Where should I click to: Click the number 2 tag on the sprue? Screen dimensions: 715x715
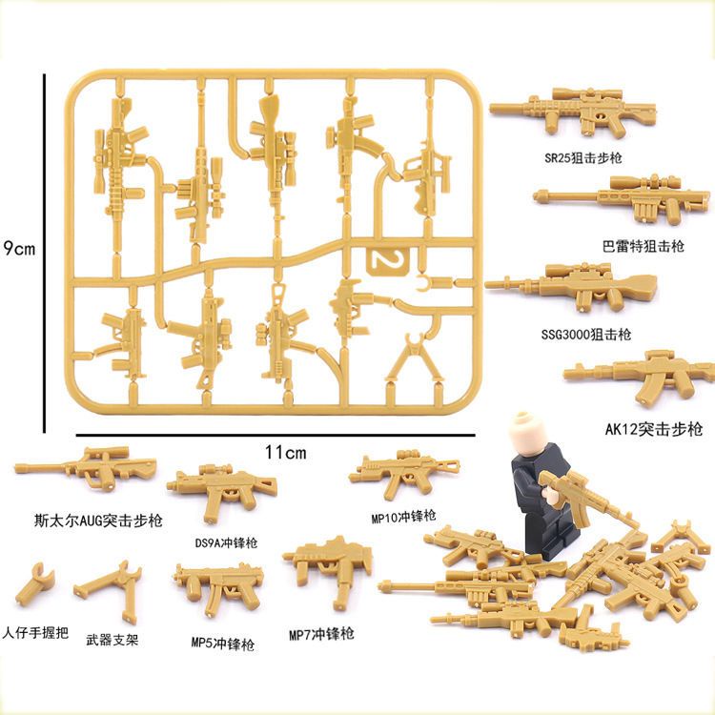pos(389,261)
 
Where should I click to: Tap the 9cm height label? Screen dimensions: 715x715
pos(18,249)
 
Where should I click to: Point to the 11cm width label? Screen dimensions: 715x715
pos(286,452)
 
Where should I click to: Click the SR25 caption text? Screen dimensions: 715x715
pos(583,157)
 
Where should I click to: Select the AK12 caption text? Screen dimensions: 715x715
pos(654,429)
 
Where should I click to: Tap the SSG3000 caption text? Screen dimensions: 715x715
pos(586,335)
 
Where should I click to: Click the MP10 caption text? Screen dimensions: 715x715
pos(403,517)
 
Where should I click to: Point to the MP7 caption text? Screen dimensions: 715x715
pos(321,634)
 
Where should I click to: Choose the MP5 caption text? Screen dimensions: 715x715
pos(223,643)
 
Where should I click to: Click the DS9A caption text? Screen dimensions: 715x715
pos(226,542)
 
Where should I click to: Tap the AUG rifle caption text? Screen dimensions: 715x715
pos(98,521)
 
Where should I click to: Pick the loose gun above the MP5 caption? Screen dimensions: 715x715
pos(218,586)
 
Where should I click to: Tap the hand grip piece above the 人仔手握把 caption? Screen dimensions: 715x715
pos(34,583)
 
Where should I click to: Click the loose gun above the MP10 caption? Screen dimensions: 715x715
pos(404,472)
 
